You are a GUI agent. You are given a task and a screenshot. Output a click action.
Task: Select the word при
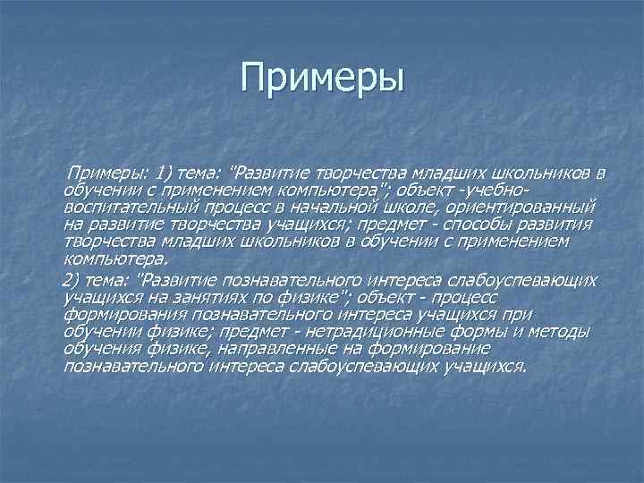pos(516,315)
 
